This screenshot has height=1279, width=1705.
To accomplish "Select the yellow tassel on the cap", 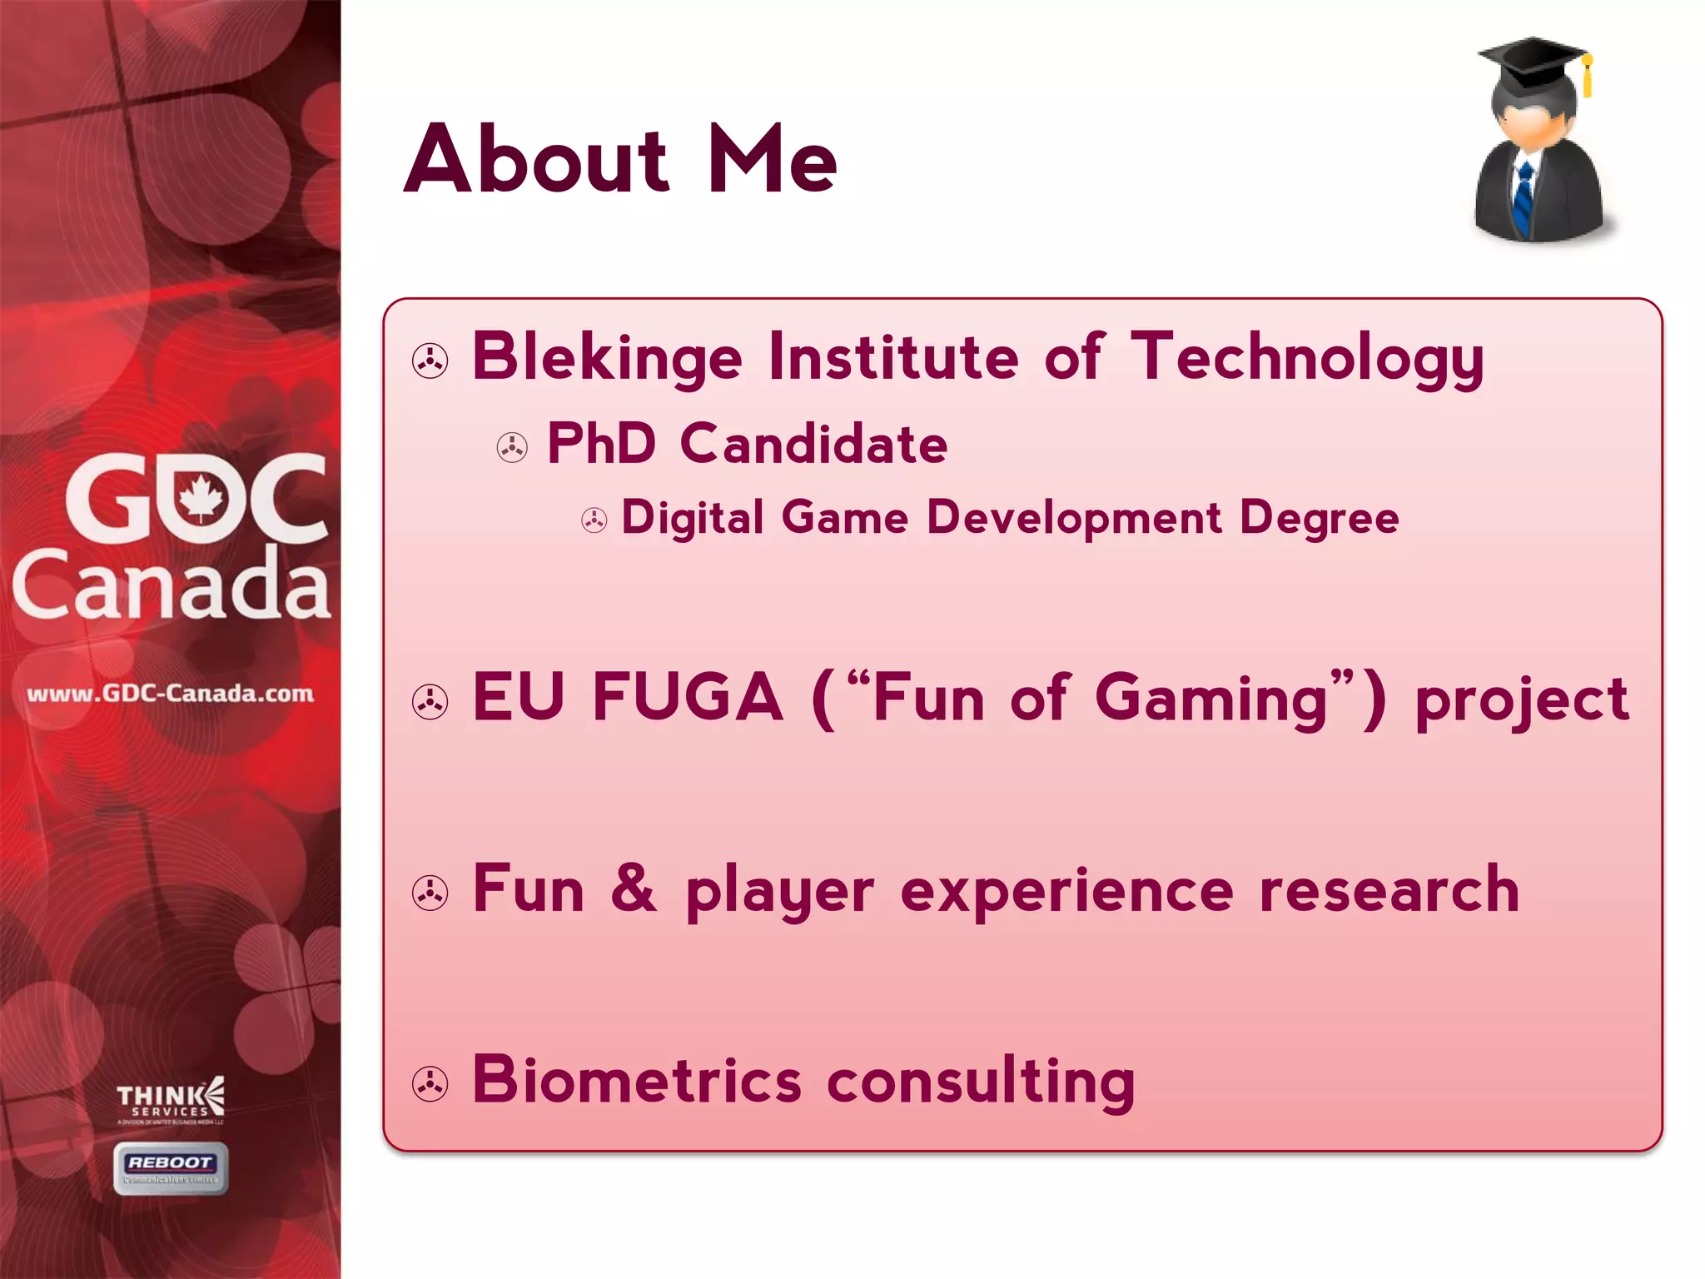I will [1587, 75].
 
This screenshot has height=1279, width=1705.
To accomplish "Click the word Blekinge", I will [607, 358].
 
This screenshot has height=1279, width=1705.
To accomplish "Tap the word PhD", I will [601, 443].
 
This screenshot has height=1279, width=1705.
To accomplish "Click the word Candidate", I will [813, 443].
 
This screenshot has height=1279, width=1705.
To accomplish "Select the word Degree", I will [1319, 519].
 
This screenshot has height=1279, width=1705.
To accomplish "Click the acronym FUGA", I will [688, 698].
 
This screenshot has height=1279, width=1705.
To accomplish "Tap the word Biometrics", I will [637, 1080].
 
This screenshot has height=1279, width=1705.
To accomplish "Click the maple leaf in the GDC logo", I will [201, 498].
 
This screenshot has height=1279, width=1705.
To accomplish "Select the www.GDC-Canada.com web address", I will [171, 694].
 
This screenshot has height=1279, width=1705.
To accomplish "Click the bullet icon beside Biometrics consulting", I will [430, 1084].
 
